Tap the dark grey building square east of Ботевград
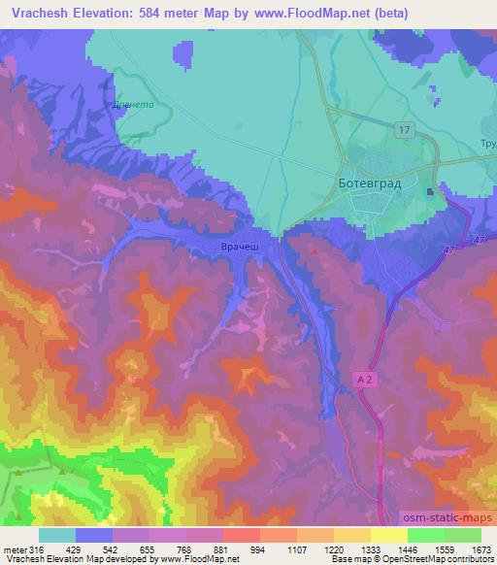coord(430,193)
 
